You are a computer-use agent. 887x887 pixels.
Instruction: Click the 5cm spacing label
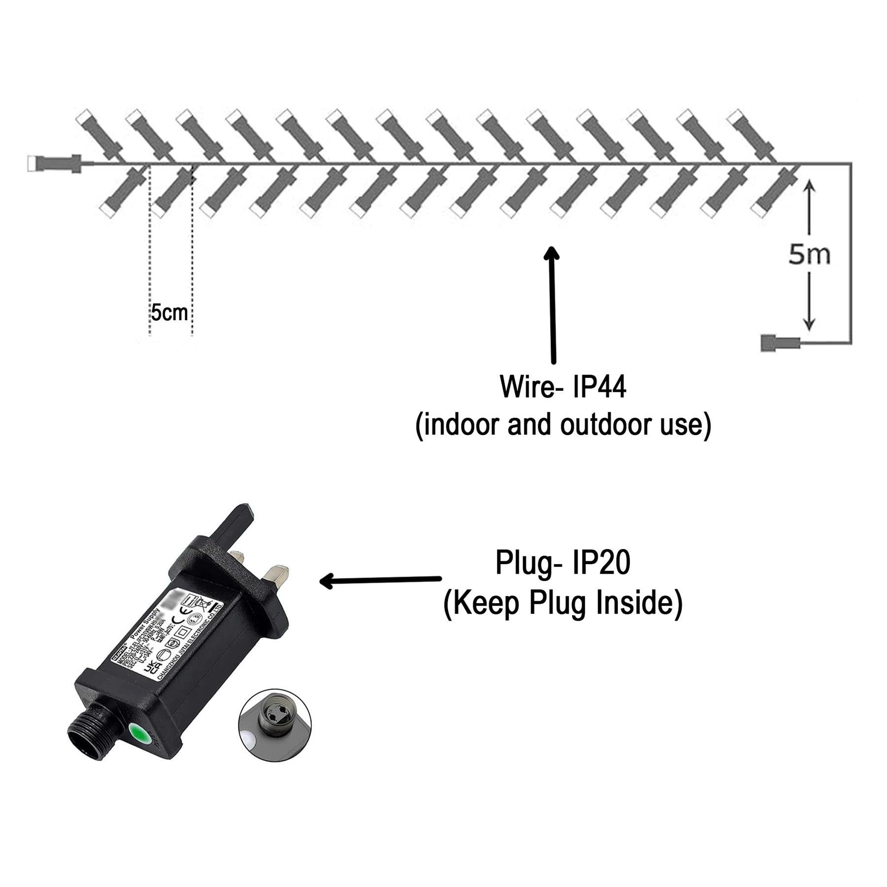point(169,313)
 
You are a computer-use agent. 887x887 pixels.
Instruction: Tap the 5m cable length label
point(809,255)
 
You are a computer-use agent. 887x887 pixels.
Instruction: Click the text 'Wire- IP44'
point(563,387)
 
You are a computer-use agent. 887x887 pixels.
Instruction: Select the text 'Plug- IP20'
point(563,563)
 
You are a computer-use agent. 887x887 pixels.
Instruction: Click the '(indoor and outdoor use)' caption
point(563,425)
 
